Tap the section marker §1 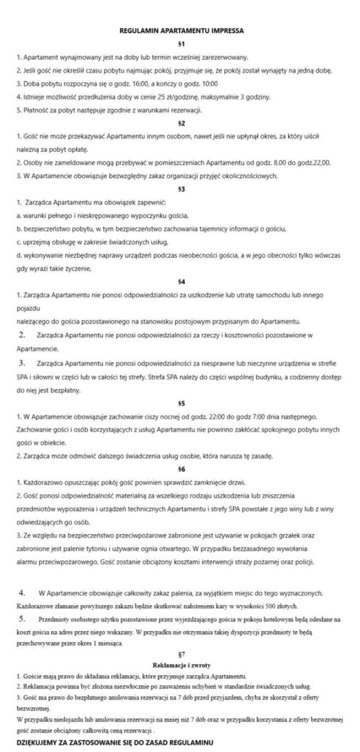point(182,44)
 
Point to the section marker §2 point(182,123)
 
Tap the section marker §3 point(182,189)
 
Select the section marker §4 point(182,282)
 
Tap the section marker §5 point(182,403)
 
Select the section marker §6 point(182,469)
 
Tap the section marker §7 point(182,654)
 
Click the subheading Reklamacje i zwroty point(182,665)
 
